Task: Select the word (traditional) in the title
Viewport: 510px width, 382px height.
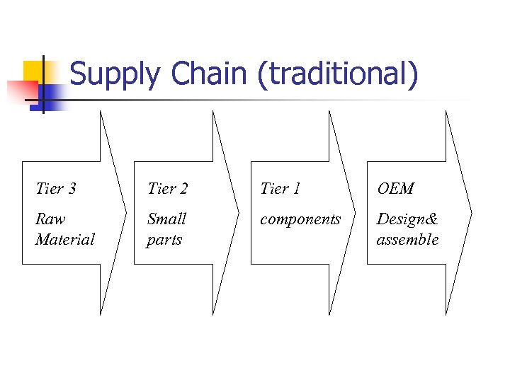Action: (338, 76)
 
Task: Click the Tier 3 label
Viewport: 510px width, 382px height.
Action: (56, 188)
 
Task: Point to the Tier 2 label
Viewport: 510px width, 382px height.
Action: (167, 188)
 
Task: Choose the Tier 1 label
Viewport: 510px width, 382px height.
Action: (280, 188)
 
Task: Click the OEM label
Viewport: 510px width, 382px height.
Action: (395, 188)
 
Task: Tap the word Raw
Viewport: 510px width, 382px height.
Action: (50, 219)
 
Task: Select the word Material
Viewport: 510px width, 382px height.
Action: (64, 239)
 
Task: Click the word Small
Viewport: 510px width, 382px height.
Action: (166, 219)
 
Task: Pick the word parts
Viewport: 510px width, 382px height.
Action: (164, 240)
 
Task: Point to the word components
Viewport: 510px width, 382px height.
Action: (300, 219)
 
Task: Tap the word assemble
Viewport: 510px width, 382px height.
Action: (407, 239)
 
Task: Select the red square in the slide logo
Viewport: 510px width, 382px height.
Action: (21, 91)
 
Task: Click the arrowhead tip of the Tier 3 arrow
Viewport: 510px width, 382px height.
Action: (126, 212)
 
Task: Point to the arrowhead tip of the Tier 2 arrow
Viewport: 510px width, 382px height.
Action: (239, 212)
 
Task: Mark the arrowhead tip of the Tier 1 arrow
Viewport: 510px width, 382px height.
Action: (356, 212)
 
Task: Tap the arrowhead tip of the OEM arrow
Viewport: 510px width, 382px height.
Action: (471, 212)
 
